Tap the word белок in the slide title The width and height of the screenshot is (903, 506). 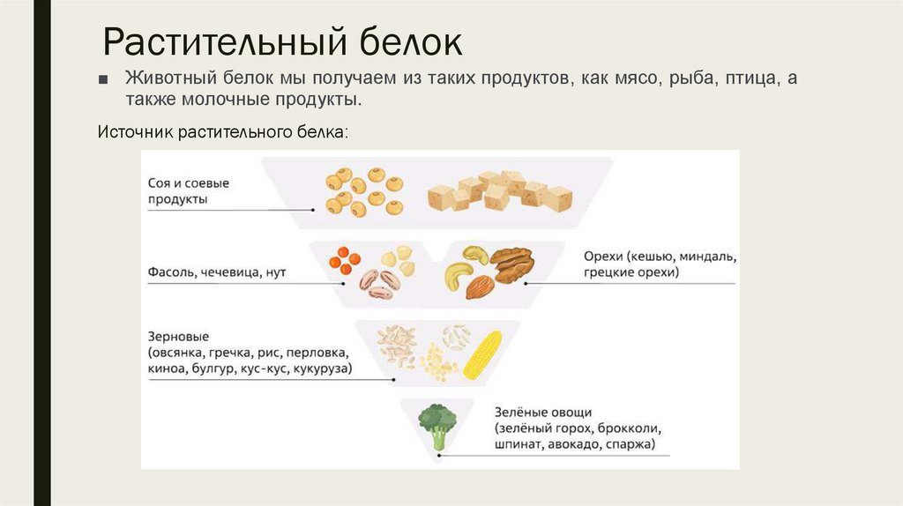point(409,41)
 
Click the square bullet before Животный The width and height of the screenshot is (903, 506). point(103,79)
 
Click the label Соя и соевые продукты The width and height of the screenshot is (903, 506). point(188,191)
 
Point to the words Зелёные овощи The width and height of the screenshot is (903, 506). point(542,413)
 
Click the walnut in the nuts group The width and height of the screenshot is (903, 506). point(511,263)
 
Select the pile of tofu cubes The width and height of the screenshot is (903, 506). point(499,191)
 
